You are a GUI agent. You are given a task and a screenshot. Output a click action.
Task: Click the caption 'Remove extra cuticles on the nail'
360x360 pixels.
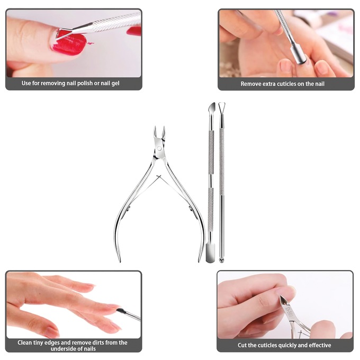[x=282, y=84]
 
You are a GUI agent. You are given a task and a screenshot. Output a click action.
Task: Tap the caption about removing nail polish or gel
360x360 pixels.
[x=74, y=83]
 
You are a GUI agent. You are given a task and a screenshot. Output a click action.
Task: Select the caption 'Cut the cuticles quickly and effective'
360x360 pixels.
[x=284, y=345]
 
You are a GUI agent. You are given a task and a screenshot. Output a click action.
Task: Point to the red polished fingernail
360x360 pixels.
[x=68, y=42]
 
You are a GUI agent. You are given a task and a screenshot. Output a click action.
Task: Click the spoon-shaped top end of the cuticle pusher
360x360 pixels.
[x=210, y=110]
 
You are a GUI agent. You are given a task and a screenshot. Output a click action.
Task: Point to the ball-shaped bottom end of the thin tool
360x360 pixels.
[x=221, y=260]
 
